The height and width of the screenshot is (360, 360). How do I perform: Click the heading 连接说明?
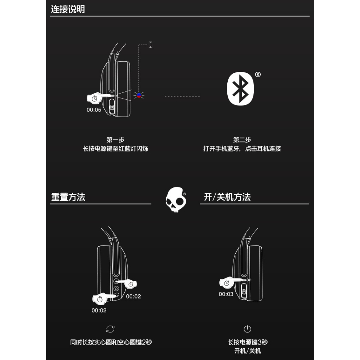click(68, 9)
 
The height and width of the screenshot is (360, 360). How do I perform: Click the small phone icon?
click(150, 45)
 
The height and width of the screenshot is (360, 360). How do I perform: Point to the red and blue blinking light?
click(138, 96)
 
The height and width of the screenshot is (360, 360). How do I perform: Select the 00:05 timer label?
click(94, 110)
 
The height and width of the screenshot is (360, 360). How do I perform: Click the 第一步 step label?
click(115, 140)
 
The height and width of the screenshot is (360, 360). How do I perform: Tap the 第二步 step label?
click(242, 140)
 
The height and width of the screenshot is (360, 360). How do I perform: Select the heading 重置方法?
click(68, 197)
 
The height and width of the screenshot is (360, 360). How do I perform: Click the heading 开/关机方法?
click(227, 197)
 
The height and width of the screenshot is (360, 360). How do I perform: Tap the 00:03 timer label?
click(226, 294)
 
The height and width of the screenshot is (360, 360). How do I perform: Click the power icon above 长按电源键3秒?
click(247, 329)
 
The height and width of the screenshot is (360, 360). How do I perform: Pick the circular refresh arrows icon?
click(110, 329)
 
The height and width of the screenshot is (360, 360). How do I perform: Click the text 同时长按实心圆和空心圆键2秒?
click(111, 342)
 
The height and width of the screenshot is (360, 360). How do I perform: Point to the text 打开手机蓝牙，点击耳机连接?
click(242, 149)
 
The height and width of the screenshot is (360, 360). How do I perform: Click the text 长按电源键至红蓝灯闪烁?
click(115, 149)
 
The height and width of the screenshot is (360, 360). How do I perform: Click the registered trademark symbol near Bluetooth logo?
click(258, 74)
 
